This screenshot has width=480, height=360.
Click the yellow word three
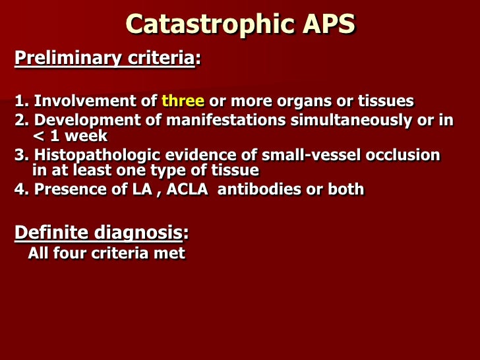(x=183, y=102)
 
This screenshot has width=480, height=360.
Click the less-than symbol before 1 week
(x=37, y=137)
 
